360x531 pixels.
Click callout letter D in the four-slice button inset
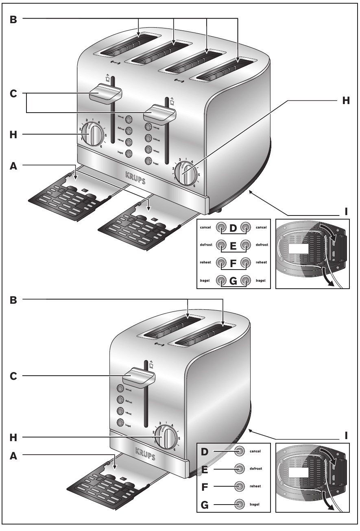point(233,228)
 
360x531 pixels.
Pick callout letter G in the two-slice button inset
point(204,505)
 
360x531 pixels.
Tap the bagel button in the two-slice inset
point(240,505)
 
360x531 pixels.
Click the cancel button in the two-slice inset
point(240,451)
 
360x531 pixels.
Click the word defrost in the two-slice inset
point(256,469)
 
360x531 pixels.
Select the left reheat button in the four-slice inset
point(221,262)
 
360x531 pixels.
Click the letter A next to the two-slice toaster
point(13,456)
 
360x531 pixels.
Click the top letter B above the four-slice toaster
point(13,19)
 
